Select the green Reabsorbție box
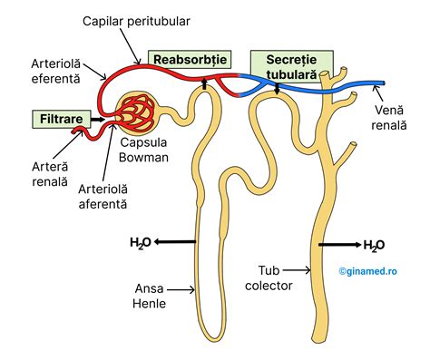188,60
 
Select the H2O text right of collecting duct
373,246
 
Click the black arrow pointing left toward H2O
174,242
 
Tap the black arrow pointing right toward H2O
338,245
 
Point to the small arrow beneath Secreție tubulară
277,87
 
